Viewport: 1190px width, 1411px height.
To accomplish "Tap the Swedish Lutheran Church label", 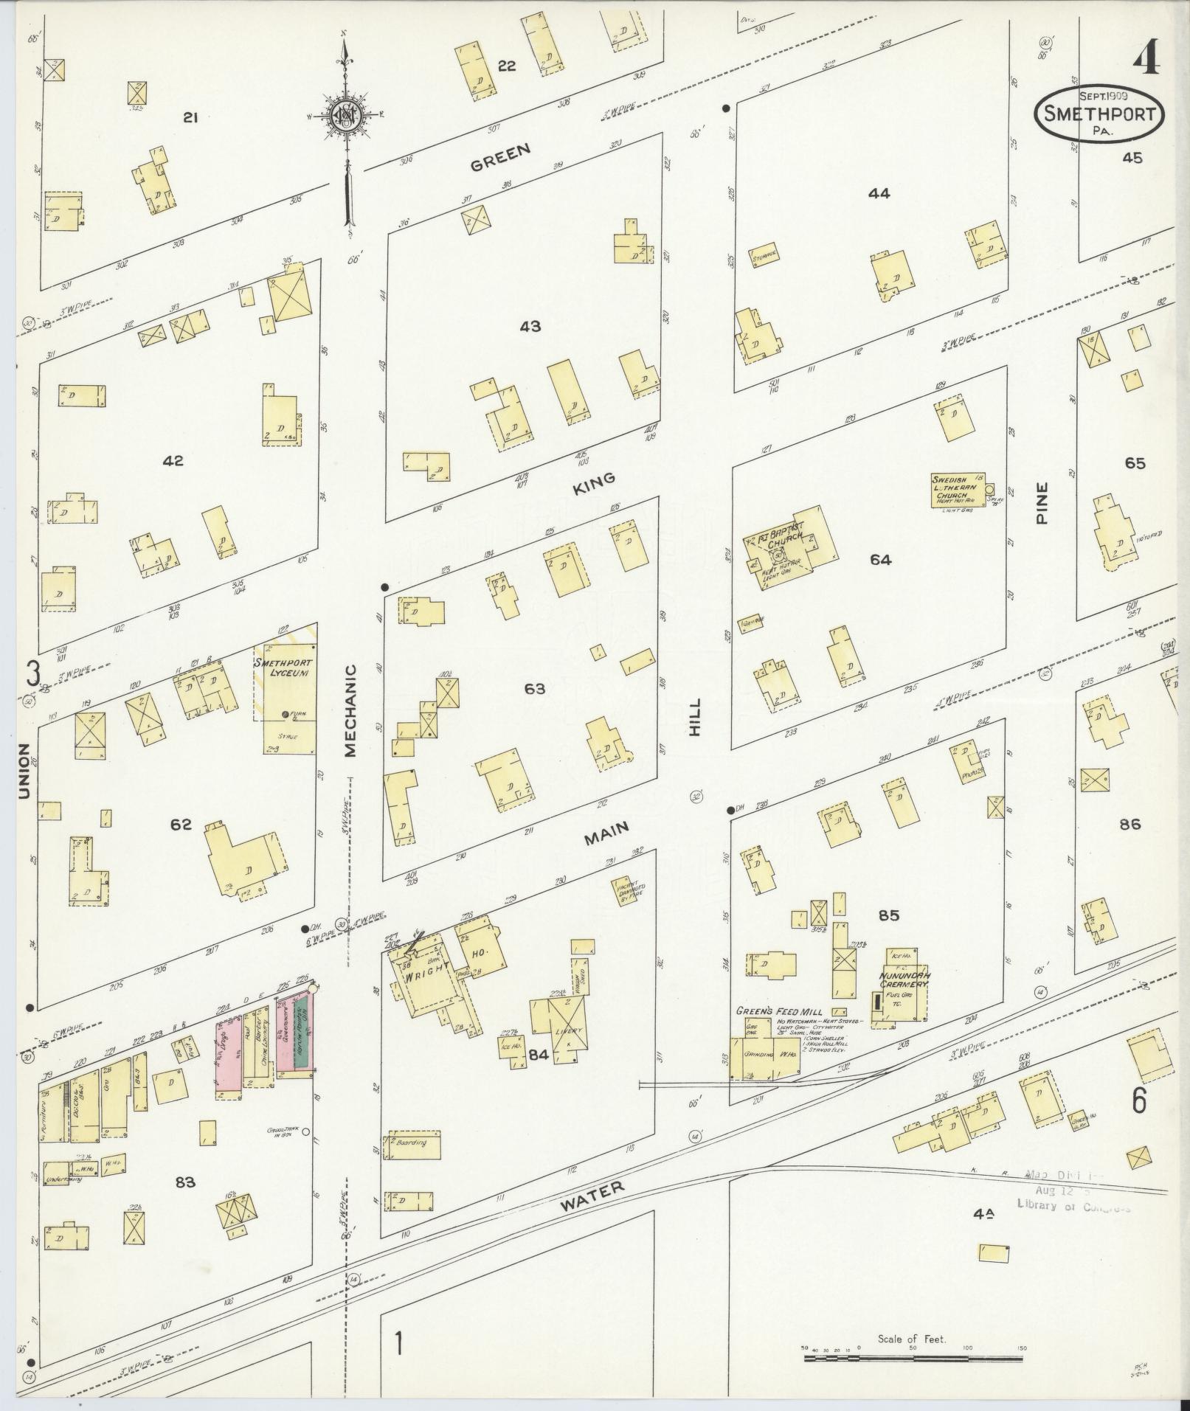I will (957, 488).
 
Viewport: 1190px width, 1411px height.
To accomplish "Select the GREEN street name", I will (501, 157).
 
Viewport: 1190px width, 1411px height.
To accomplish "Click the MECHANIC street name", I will (350, 710).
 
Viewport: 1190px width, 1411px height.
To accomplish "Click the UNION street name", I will (24, 770).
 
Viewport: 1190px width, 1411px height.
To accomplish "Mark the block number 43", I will (530, 326).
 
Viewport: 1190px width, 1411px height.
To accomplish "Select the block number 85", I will (889, 916).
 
